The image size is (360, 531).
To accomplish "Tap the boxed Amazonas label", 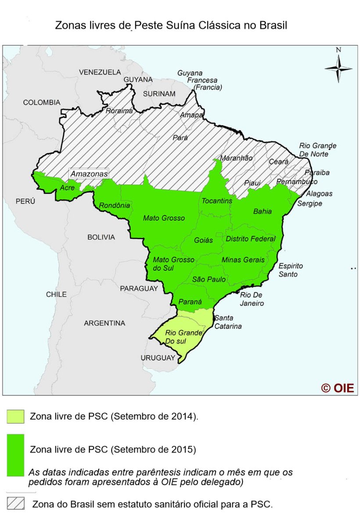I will pyautogui.click(x=89, y=174).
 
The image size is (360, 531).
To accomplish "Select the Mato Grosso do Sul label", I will pyautogui.click(x=173, y=264).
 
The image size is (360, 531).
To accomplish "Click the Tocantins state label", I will pyautogui.click(x=217, y=201).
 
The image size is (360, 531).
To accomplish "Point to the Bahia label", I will pyautogui.click(x=263, y=211).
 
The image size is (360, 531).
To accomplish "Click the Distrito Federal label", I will pyautogui.click(x=251, y=239).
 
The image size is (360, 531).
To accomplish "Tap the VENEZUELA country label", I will pyautogui.click(x=100, y=72).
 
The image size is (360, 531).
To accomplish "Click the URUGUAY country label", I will pyautogui.click(x=158, y=358).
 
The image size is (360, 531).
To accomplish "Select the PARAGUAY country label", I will pyautogui.click(x=138, y=288).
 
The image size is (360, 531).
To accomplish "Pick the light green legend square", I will pyautogui.click(x=15, y=416).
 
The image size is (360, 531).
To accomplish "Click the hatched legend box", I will pyautogui.click(x=15, y=503).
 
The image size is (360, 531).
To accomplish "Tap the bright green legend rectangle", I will pyautogui.click(x=15, y=455).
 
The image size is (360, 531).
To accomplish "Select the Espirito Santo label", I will pyautogui.click(x=291, y=270).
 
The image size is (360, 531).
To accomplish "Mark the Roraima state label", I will pyautogui.click(x=119, y=111).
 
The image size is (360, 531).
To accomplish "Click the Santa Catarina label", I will pyautogui.click(x=227, y=322).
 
